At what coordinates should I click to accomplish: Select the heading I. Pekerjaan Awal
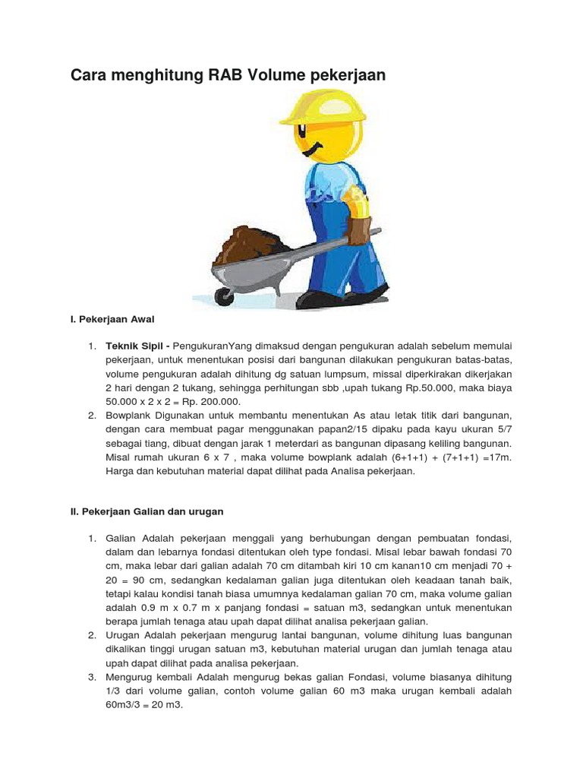pyautogui.click(x=112, y=319)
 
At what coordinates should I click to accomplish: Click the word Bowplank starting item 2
pyautogui.click(x=130, y=415)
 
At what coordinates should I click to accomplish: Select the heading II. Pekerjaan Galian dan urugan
pyautogui.click(x=147, y=511)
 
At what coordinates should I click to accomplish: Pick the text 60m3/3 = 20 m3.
pyautogui.click(x=144, y=704)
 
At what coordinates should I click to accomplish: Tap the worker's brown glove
pyautogui.click(x=358, y=229)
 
